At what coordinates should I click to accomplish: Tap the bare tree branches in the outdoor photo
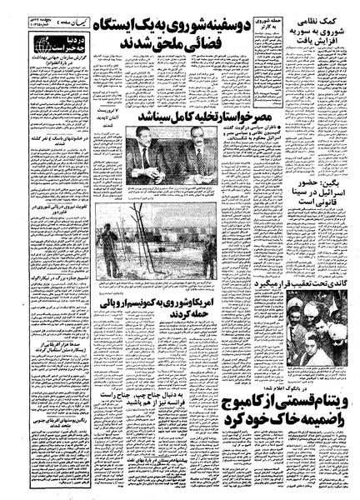tap(125, 233)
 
